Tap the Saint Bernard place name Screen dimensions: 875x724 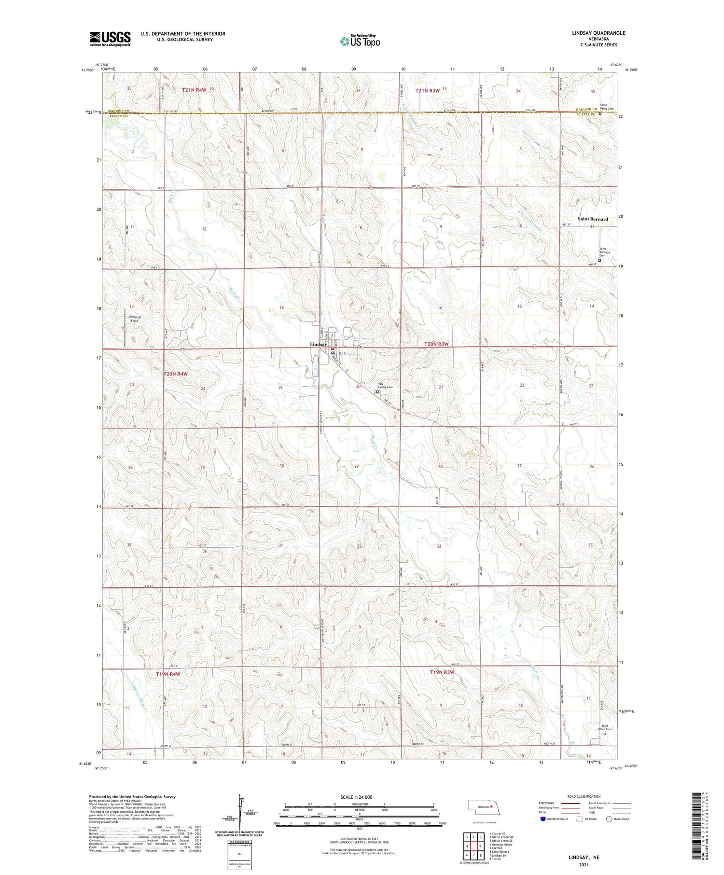coord(593,219)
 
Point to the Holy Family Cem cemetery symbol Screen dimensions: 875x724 coord(377,392)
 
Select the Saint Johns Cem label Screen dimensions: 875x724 coord(606,727)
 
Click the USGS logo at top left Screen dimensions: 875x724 coord(110,39)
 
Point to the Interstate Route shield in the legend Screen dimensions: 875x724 coord(543,819)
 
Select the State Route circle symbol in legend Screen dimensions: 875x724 coord(610,819)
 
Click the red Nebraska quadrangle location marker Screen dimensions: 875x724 coord(491,806)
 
